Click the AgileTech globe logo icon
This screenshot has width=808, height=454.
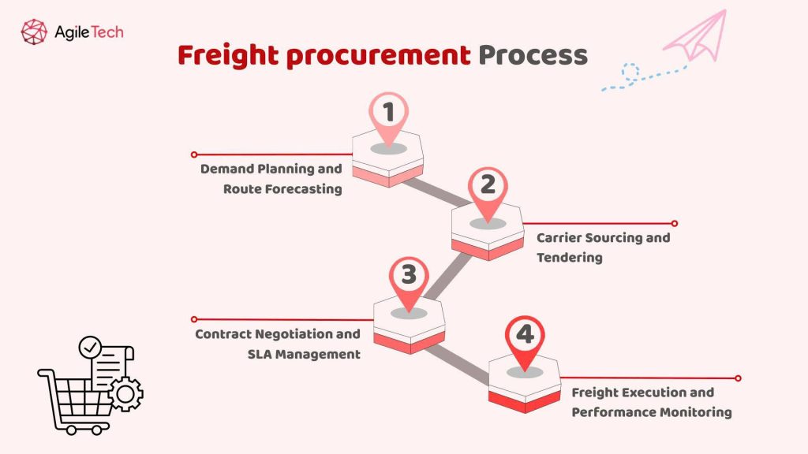pyautogui.click(x=34, y=32)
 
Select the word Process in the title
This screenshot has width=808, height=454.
pyautogui.click(x=533, y=55)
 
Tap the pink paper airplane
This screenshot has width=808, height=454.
pyautogui.click(x=698, y=37)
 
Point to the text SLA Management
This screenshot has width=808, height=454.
pyautogui.click(x=304, y=355)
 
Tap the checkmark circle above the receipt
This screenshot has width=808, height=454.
pyautogui.click(x=89, y=346)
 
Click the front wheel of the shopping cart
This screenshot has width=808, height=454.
pyautogui.click(x=98, y=430)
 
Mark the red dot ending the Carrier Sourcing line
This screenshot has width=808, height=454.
pyautogui.click(x=675, y=223)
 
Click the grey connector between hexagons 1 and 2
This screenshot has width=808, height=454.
pyautogui.click(x=437, y=193)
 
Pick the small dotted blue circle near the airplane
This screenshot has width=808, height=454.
pyautogui.click(x=630, y=73)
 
